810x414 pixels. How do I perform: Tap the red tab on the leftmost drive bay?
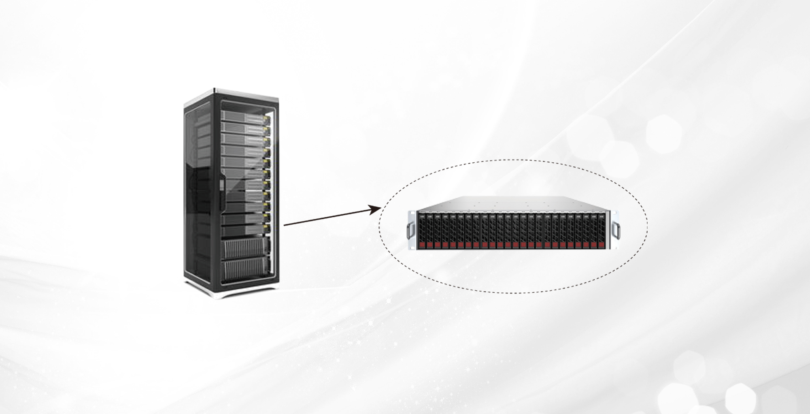pos(422,245)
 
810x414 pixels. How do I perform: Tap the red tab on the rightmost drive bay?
pos(602,245)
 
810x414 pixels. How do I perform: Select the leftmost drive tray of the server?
pos(422,231)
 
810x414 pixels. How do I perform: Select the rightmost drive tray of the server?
pos(602,231)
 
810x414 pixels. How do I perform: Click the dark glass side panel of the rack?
pos(198,190)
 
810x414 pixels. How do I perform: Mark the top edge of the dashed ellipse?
pos(513,160)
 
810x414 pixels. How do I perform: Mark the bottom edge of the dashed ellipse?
pos(513,293)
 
